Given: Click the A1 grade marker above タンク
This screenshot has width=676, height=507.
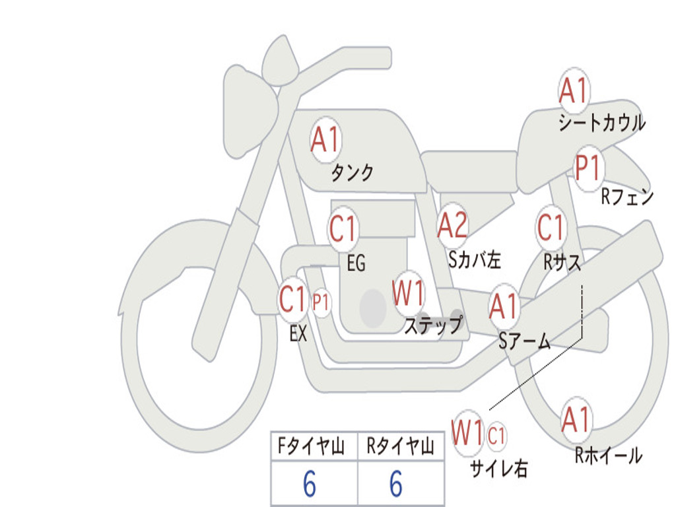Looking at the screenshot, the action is pyautogui.click(x=325, y=140).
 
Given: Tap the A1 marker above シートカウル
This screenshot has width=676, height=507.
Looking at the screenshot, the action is pyautogui.click(x=574, y=91).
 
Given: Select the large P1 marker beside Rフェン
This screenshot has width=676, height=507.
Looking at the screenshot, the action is pyautogui.click(x=588, y=169).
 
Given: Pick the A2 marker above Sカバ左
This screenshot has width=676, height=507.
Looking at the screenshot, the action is pyautogui.click(x=453, y=226).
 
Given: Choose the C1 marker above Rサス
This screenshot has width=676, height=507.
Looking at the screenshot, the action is pyautogui.click(x=551, y=228).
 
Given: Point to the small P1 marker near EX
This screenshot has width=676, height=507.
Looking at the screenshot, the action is pyautogui.click(x=321, y=303).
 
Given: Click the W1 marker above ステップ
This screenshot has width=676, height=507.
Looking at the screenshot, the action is pyautogui.click(x=409, y=294).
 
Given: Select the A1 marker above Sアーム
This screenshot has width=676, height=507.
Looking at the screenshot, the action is pyautogui.click(x=504, y=307).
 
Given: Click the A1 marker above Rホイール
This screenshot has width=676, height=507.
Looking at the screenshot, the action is pyautogui.click(x=576, y=421).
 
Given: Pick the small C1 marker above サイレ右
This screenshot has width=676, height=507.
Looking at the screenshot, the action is pyautogui.click(x=496, y=436).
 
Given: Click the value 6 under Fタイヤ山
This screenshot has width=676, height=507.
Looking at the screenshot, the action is pyautogui.click(x=309, y=485).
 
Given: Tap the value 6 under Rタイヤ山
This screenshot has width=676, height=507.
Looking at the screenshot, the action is pyautogui.click(x=395, y=485).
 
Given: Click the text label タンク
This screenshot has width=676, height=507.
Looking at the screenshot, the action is pyautogui.click(x=352, y=174).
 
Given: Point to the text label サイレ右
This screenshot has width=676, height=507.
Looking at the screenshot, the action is pyautogui.click(x=498, y=469).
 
